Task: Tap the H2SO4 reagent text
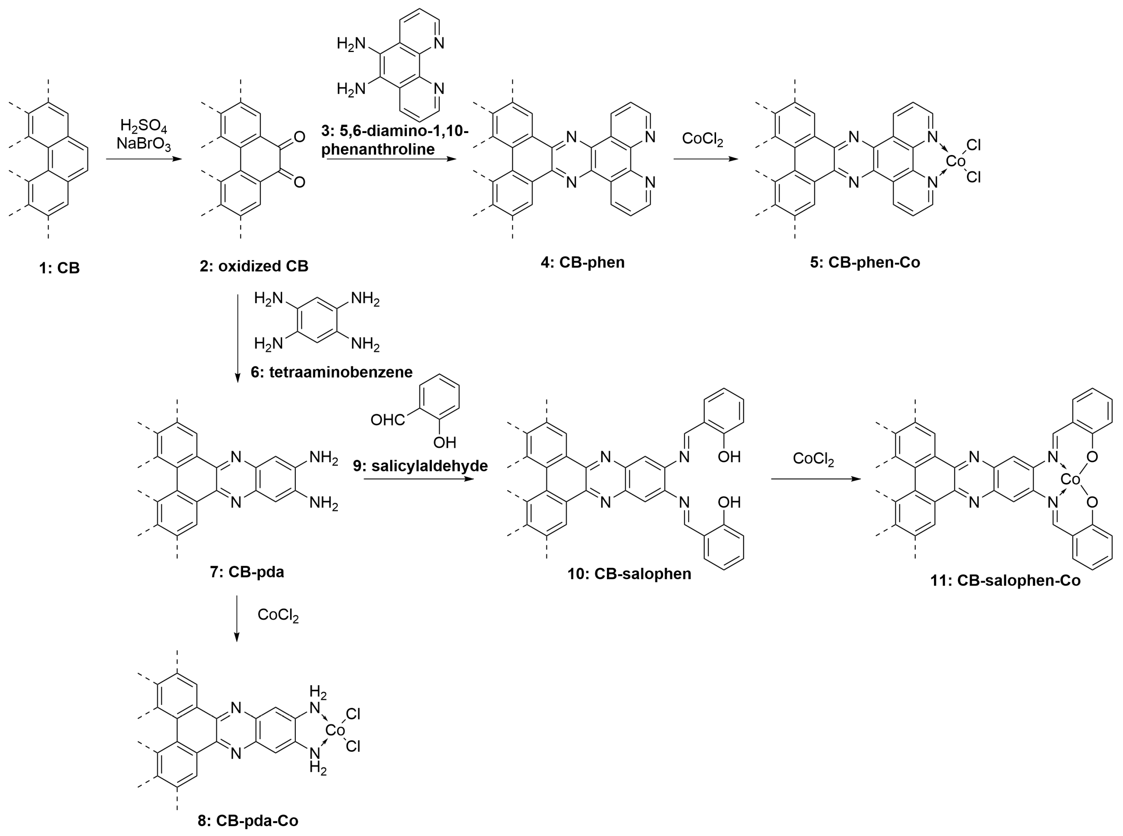(143, 126)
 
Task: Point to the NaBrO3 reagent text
(143, 144)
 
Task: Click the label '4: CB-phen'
(582, 262)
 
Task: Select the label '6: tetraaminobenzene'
(331, 372)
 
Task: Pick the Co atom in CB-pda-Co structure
(334, 730)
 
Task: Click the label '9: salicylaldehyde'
(420, 466)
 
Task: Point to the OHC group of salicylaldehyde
(387, 420)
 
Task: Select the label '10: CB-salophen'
(629, 573)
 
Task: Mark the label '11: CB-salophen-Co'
(1005, 580)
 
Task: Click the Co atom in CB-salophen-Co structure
(1070, 479)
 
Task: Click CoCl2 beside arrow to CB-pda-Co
(278, 615)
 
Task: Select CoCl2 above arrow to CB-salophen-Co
(813, 458)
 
